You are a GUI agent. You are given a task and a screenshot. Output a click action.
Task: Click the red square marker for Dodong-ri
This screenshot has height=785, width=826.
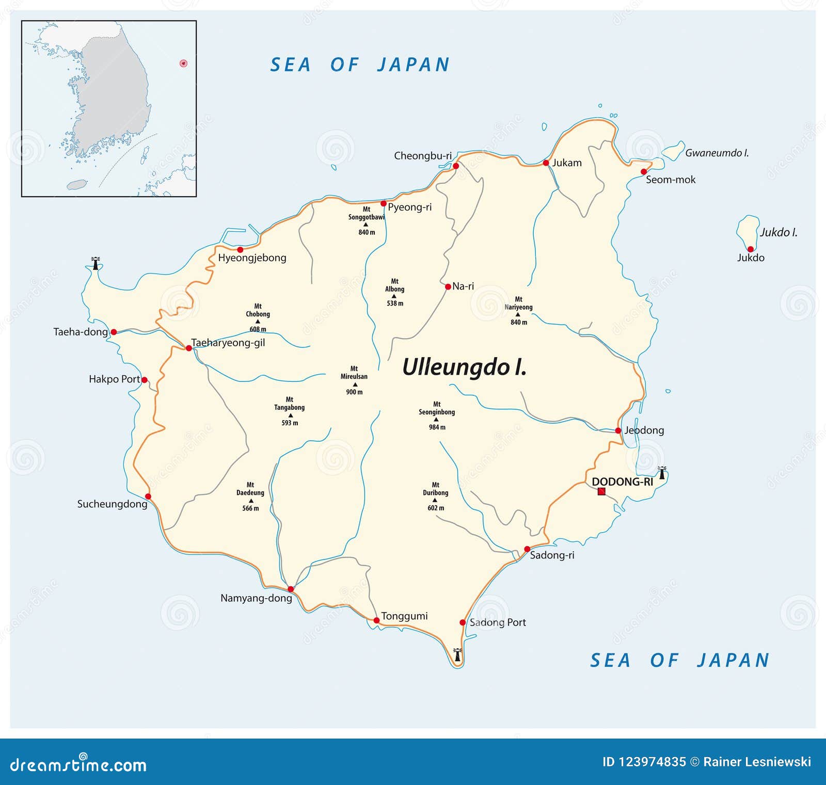pos(601,491)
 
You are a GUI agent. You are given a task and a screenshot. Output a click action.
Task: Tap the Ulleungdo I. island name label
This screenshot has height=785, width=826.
pos(464,367)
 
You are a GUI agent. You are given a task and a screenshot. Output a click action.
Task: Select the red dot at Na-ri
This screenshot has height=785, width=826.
pos(448,286)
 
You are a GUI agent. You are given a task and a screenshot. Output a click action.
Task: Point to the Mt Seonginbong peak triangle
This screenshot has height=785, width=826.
pos(436,419)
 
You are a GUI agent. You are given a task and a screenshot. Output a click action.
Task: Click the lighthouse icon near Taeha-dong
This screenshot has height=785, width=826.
pos(95,263)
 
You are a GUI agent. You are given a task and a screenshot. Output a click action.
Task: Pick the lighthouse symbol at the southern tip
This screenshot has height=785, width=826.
pos(457,654)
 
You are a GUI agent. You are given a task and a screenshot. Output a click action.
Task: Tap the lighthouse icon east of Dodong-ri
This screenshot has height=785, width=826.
pos(662,472)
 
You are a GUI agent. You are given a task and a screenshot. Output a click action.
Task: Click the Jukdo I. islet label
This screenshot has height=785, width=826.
pos(778,232)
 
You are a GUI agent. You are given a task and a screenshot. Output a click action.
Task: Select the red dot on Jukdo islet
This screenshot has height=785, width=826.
pos(750,249)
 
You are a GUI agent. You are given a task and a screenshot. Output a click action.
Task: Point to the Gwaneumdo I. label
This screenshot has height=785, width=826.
pos(717,153)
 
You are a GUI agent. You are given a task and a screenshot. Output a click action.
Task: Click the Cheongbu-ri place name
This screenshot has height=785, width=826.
pos(422,155)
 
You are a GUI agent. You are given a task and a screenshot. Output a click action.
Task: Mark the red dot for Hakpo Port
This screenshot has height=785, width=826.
pos(145,380)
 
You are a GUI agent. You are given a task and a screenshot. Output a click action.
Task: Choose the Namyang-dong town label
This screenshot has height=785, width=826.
pos(256,598)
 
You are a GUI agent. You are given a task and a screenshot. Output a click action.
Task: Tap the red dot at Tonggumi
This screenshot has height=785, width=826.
pos(376,620)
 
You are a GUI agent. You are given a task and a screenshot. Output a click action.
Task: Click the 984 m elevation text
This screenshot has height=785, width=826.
pos(437,427)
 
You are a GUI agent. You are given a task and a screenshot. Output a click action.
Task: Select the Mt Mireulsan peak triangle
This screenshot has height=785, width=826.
pos(355,385)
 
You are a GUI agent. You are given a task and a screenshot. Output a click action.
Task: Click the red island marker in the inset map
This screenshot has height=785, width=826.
pos(183,63)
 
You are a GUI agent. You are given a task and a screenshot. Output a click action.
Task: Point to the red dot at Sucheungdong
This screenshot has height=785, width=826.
pos(148,496)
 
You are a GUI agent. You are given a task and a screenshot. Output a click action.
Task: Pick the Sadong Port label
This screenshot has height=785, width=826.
pos(497,622)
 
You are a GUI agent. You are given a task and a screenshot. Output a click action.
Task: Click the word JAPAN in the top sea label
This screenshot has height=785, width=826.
pos(414,65)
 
